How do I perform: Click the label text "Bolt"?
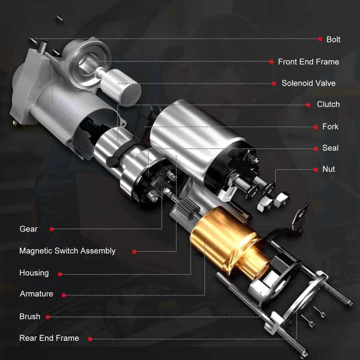point(333,39)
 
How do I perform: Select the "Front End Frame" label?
point(308,62)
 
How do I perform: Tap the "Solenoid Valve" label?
point(308,83)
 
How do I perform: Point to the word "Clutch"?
point(328,105)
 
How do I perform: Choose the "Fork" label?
point(330,127)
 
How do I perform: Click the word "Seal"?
point(330,148)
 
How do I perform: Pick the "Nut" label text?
point(328,169)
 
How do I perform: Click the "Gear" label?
point(28,229)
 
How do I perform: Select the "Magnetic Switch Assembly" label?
point(67,251)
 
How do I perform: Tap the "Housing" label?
point(34,273)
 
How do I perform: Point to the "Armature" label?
point(36,294)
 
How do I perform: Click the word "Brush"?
point(30,316)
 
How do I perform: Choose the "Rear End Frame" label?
point(49,338)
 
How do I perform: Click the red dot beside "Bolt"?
point(320,39)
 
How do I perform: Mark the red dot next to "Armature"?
point(64,295)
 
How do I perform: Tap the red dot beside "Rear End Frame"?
point(90,339)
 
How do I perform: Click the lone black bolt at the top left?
point(59,19)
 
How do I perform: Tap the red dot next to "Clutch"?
point(308,105)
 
